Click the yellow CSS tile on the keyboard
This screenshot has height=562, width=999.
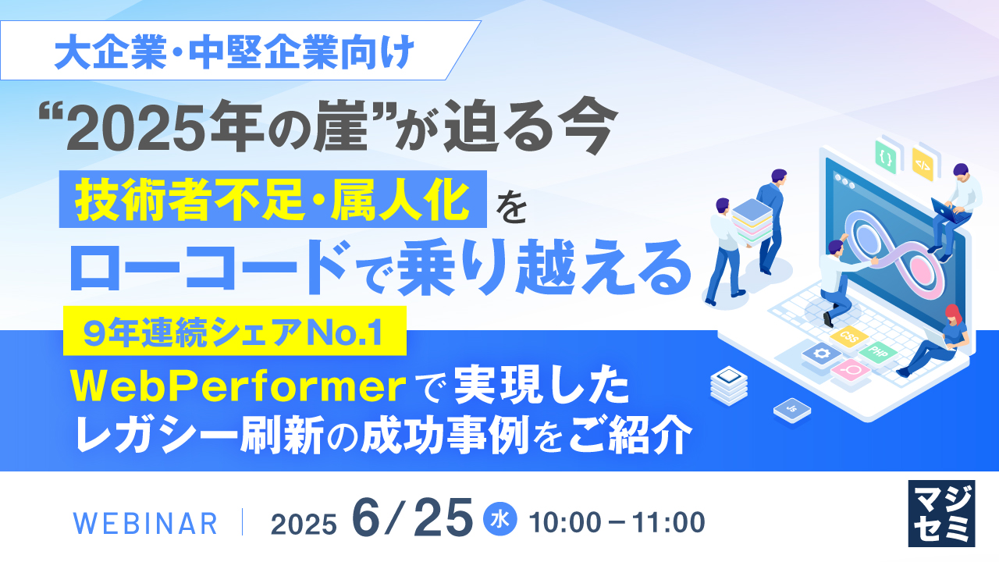point(848,337)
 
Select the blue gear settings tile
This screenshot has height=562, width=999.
point(821,354)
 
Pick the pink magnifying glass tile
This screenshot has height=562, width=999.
point(851,370)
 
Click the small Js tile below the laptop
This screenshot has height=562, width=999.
point(792,410)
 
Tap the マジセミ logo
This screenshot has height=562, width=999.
point(941,514)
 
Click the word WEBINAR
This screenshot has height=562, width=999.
point(145,524)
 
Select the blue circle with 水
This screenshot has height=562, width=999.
point(500,519)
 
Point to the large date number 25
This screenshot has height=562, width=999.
point(443,518)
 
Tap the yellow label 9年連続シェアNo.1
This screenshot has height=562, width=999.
point(235,330)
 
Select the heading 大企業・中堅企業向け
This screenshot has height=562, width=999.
point(235,52)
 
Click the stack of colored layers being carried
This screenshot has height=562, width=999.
point(752,222)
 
